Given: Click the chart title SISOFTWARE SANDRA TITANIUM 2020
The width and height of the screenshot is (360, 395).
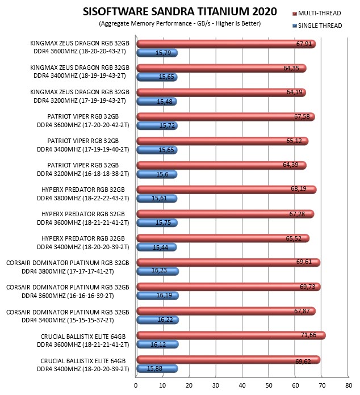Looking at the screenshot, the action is (x=180, y=11).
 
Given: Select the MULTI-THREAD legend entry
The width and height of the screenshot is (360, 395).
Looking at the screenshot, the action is (x=317, y=13).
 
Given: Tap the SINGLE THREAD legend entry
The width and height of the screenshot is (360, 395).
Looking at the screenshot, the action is (x=317, y=26).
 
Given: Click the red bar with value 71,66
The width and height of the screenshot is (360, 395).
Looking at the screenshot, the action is (x=231, y=335).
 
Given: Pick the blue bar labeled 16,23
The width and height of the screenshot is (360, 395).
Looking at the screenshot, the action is (x=157, y=271).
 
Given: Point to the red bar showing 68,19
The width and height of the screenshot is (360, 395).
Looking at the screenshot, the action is (x=227, y=190).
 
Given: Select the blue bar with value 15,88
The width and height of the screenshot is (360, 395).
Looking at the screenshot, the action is (x=157, y=368).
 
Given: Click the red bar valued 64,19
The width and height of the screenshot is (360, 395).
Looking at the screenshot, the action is (x=221, y=93).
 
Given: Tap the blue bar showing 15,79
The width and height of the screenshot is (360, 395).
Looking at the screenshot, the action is (x=157, y=53).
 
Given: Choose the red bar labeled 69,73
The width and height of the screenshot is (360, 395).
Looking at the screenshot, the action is (x=228, y=287).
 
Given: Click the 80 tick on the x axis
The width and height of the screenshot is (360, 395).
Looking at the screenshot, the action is (x=349, y=385).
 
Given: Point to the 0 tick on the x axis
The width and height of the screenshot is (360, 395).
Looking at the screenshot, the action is (x=136, y=385).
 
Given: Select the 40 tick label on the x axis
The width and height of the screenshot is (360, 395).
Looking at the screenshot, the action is (x=242, y=385).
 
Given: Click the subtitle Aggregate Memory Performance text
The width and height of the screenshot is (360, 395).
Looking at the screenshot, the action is (x=180, y=23).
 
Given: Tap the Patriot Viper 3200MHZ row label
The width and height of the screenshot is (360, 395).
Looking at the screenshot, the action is (x=83, y=170).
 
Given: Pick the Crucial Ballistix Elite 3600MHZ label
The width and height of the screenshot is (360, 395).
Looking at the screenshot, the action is (x=83, y=341).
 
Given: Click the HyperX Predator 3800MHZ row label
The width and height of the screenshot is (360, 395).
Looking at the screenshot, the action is (x=83, y=194).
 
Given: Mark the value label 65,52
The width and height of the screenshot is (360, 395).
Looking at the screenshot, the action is (x=294, y=238).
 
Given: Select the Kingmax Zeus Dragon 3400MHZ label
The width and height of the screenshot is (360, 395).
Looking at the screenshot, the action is (x=79, y=72).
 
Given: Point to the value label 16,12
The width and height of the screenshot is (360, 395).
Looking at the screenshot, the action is (x=158, y=344).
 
